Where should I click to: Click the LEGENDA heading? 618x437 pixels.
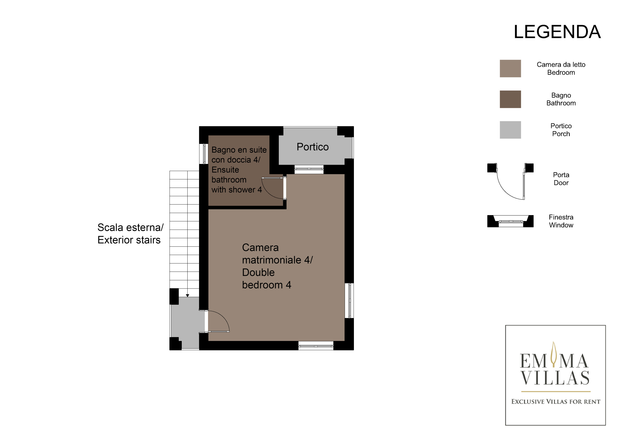(557, 32)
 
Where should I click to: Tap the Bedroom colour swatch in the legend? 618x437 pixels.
(510, 68)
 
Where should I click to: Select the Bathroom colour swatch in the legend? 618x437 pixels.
(510, 99)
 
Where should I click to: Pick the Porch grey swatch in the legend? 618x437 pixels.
(510, 130)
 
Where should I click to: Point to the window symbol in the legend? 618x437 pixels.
(510, 221)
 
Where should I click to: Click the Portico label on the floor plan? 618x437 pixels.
(312, 147)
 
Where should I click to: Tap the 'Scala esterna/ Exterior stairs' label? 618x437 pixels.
(130, 234)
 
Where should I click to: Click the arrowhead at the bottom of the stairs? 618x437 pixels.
(188, 296)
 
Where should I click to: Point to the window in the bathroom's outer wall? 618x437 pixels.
(204, 154)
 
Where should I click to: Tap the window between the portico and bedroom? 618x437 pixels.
(309, 169)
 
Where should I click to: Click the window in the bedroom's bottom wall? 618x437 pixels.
(316, 346)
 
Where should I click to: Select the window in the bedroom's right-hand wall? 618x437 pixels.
(349, 301)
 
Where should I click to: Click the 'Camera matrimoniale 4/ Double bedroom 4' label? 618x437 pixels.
(277, 266)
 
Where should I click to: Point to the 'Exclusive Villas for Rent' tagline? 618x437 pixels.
(556, 402)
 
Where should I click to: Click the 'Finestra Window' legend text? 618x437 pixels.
(561, 221)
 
